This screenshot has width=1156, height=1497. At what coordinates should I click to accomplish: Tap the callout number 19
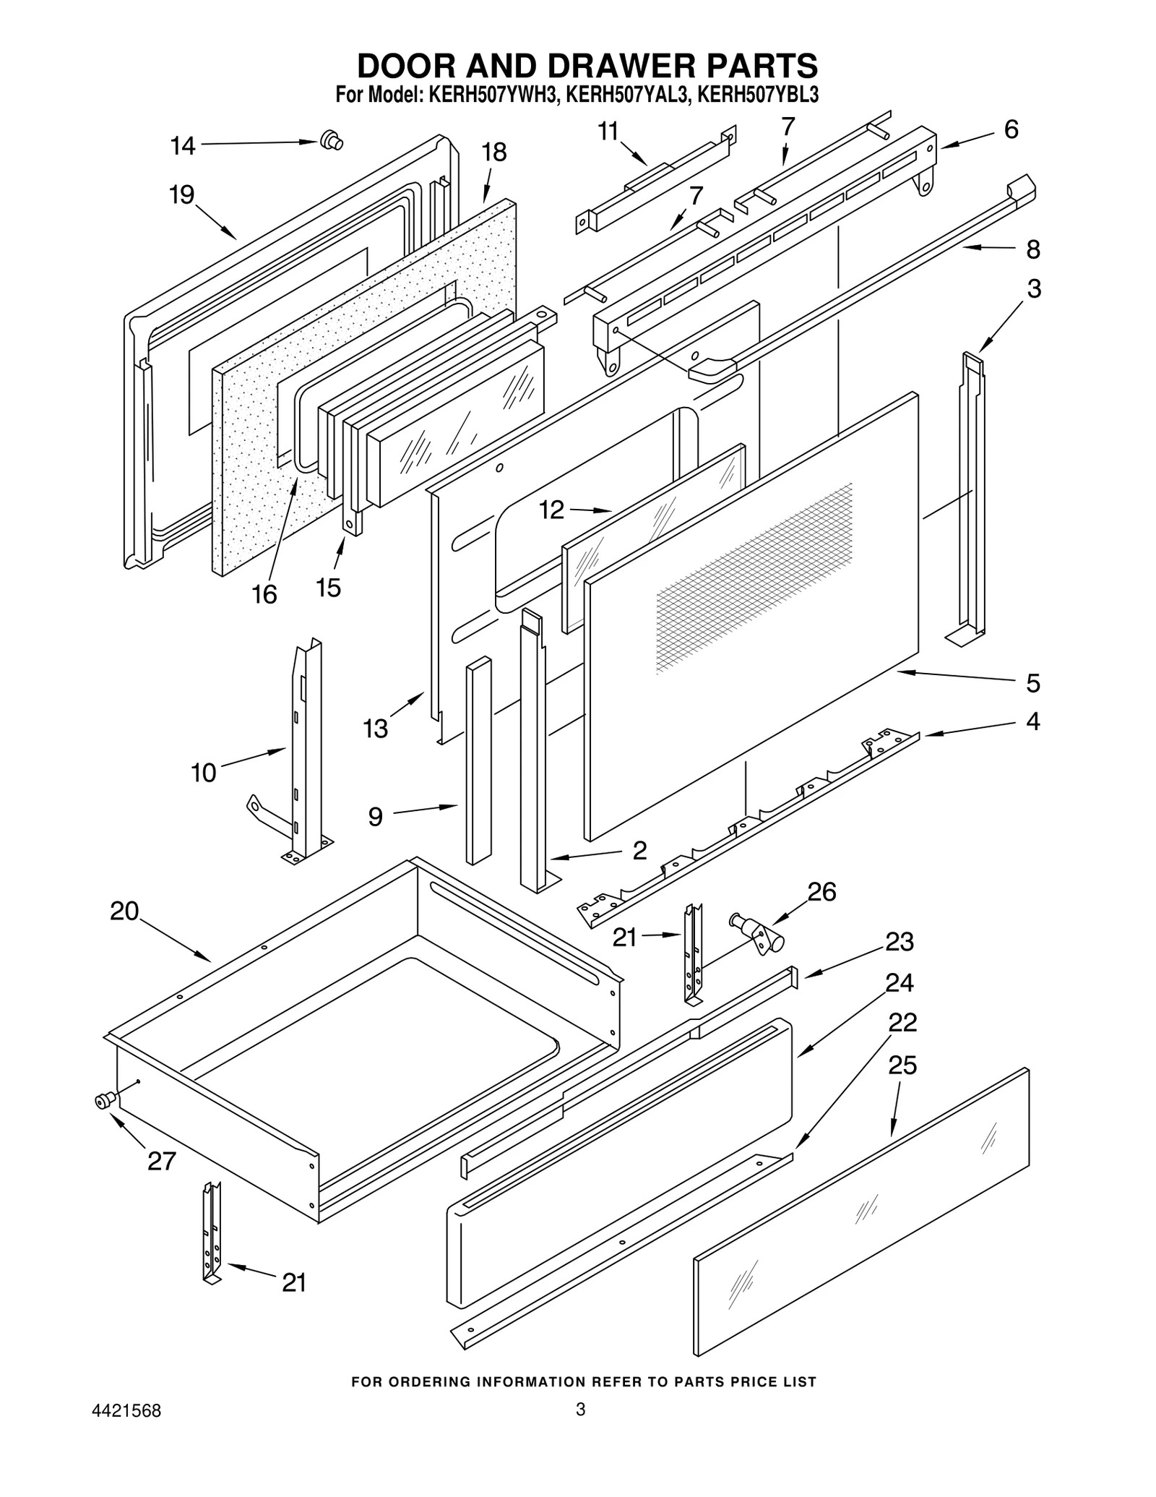181,194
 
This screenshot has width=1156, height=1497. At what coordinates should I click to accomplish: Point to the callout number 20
124,912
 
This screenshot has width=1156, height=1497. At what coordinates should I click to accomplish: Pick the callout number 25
902,1065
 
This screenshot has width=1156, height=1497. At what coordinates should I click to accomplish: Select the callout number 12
551,510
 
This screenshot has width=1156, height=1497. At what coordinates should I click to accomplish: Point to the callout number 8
1032,250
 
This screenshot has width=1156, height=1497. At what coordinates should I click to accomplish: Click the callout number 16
264,595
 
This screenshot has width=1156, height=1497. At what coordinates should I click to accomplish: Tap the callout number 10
204,773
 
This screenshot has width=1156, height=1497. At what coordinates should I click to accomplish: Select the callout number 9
375,817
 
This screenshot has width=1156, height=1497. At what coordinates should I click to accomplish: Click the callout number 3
1033,289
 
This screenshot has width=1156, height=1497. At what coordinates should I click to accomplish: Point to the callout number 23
900,942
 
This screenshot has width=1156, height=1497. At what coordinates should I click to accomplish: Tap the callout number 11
608,132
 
